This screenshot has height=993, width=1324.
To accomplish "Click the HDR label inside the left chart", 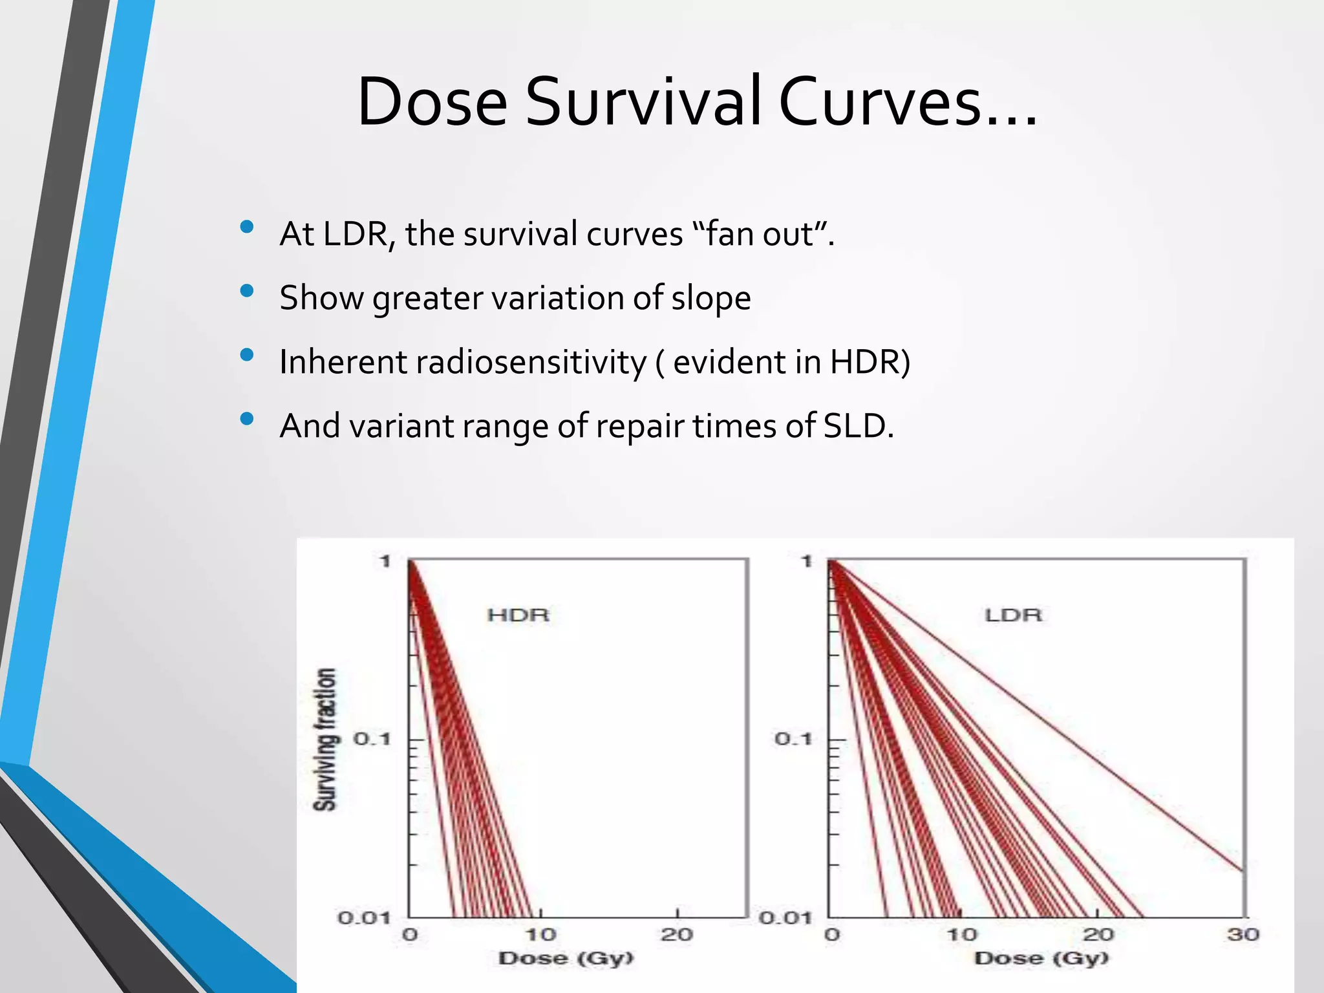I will (x=518, y=615).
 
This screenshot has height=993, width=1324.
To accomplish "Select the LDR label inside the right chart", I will (x=1013, y=615).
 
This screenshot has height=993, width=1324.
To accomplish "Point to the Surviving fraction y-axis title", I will (x=325, y=739).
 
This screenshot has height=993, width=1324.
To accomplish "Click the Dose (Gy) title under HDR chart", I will (x=566, y=958).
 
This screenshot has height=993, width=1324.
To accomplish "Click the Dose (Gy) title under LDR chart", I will (x=1041, y=958).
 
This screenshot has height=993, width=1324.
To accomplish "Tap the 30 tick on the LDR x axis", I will (x=1243, y=934).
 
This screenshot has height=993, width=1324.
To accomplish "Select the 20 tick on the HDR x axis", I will (x=676, y=934).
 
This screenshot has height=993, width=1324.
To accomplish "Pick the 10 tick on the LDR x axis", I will (x=961, y=934).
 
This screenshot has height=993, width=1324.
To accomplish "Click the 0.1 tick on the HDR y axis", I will (x=372, y=738).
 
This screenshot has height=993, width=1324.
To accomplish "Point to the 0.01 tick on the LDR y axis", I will (x=785, y=917).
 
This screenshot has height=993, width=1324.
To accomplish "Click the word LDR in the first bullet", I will (x=354, y=233).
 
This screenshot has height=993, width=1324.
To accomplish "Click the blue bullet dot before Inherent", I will (x=246, y=354).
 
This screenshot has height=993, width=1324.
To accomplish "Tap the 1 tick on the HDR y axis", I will (x=385, y=561).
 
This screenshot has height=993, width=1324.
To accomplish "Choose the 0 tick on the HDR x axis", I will (x=410, y=934).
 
